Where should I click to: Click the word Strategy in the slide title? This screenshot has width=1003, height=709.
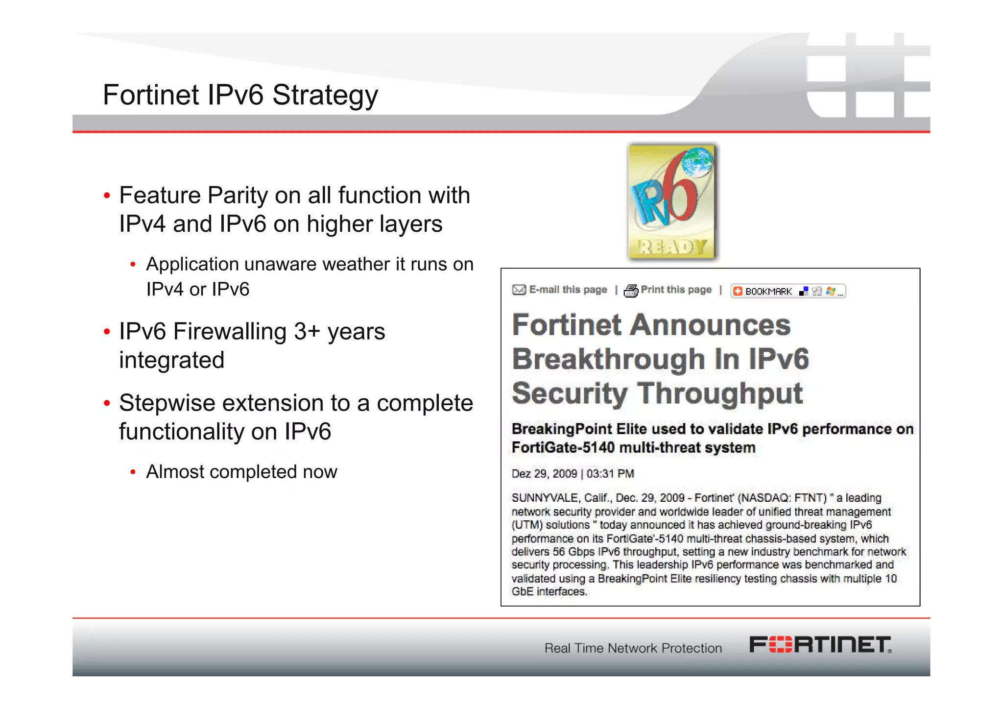[x=325, y=95]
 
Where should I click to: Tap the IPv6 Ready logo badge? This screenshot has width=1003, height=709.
[x=671, y=201]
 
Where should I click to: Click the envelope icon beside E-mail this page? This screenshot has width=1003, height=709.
[x=519, y=290]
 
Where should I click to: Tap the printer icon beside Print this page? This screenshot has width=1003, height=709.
[x=631, y=291]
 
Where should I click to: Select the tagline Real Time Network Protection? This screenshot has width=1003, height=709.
[x=633, y=648]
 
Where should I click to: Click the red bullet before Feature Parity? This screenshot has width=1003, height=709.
[x=107, y=196]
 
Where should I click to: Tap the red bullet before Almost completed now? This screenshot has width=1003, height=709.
[x=133, y=472]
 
